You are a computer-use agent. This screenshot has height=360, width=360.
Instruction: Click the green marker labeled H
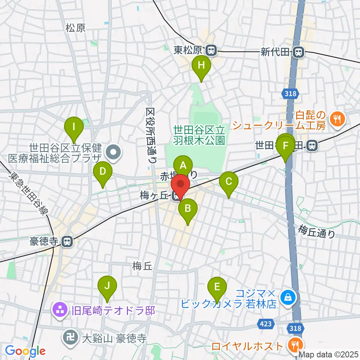201,66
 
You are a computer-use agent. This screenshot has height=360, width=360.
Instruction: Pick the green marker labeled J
107,286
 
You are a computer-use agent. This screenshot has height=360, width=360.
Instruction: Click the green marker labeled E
217,287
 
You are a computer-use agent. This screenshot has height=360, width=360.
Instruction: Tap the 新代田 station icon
299,52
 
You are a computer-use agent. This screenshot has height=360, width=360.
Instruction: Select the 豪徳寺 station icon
67,241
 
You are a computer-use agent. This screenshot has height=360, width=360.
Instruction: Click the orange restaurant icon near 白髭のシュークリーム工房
337,120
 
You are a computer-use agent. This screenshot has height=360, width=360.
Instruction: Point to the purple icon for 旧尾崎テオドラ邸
60,310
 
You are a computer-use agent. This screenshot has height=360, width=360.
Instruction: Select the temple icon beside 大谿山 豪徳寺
70,334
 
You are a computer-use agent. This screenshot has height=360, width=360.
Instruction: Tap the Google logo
25,351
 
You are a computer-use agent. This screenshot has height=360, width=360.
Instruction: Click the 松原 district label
75,27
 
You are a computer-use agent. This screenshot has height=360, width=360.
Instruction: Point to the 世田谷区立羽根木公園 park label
199,135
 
